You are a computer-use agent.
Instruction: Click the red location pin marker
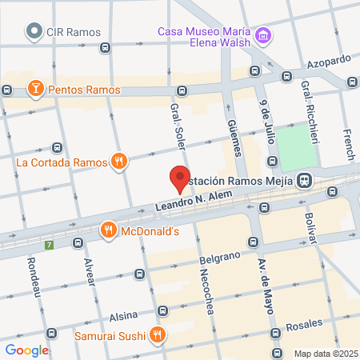click(x=179, y=178)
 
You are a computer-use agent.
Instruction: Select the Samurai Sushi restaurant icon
click(x=158, y=335)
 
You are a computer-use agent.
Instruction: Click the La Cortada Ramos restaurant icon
click(x=119, y=162)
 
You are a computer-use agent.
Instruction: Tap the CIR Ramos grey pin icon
click(x=34, y=32)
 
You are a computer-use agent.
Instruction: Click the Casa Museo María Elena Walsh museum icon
click(x=263, y=36)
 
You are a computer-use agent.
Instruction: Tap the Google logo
click(x=26, y=350)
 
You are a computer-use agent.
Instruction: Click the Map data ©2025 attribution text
click(x=325, y=354)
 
